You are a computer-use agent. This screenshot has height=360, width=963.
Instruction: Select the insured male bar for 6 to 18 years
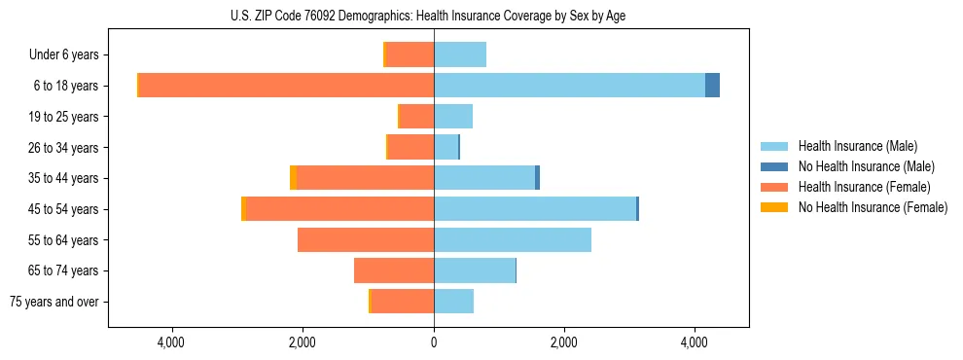(x=569, y=86)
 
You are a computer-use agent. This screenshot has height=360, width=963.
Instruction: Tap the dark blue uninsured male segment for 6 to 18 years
(x=712, y=86)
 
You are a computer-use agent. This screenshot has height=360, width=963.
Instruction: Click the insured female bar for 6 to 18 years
(x=286, y=86)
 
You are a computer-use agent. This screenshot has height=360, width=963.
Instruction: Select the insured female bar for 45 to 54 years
(x=339, y=208)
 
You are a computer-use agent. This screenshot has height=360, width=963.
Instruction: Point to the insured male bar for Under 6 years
(x=460, y=54)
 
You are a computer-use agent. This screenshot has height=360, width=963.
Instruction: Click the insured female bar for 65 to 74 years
(x=394, y=270)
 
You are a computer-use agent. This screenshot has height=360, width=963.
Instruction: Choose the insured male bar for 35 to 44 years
(x=484, y=178)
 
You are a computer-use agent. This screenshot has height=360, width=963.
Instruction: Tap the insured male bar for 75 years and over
(x=453, y=302)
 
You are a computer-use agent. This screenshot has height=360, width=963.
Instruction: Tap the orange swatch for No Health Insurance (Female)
(x=775, y=207)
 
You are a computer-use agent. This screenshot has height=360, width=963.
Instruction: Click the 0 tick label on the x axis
(x=434, y=342)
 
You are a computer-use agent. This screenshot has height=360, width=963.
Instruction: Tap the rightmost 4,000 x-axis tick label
(x=695, y=342)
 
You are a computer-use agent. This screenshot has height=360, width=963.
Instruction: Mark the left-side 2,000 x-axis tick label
(x=303, y=342)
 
